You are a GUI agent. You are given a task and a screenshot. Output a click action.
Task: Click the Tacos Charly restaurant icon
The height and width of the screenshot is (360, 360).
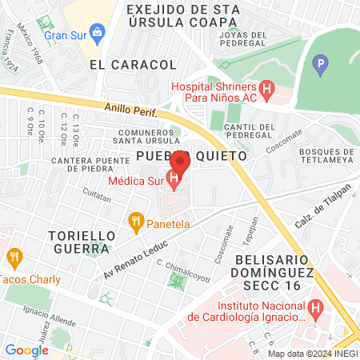pos(13,258)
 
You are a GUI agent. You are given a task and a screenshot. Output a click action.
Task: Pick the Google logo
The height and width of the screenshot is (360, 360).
pos(26,350)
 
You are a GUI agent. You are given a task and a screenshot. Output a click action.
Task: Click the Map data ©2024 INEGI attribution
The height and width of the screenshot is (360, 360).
pos(312,354)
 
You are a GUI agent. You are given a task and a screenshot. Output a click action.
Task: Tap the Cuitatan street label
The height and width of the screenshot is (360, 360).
pos(97,194)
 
